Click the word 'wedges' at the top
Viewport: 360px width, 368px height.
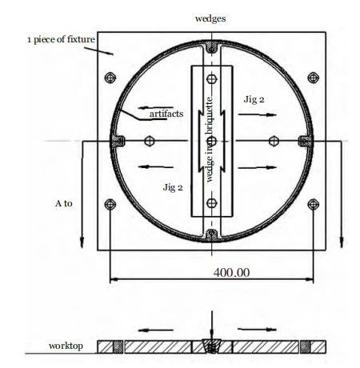point(210,17)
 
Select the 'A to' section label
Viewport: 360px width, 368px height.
point(64,204)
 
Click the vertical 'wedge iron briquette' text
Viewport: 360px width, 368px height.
point(210,140)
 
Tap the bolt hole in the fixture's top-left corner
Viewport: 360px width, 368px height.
point(110,78)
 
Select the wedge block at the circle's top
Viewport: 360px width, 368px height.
point(210,50)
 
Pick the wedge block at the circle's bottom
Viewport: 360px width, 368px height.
point(210,234)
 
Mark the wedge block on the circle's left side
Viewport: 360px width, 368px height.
point(118,142)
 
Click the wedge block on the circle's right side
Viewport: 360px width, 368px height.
point(303,142)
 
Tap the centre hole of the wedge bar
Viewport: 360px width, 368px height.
point(210,142)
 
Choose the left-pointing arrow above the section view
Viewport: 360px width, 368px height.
point(156,329)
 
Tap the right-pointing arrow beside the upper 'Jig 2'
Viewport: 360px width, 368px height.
point(255,115)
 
